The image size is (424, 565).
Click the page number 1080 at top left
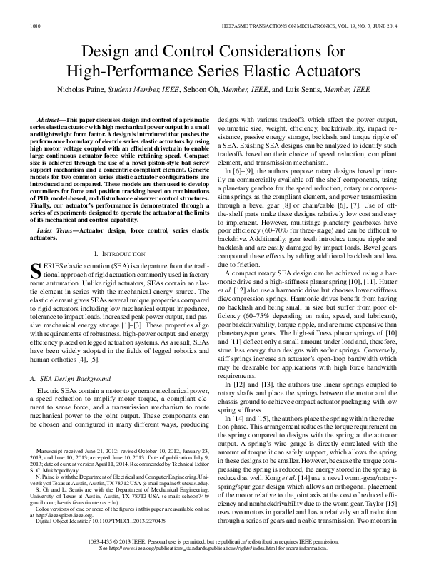click(x=34, y=27)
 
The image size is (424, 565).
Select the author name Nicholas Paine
click(x=79, y=91)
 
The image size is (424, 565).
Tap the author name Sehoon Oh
click(x=204, y=91)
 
